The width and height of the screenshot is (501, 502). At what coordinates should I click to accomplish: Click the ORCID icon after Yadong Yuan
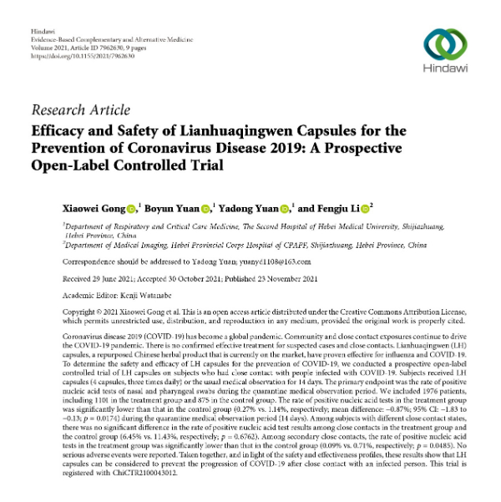click(286, 207)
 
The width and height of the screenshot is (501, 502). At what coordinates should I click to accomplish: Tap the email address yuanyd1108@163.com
click(256, 258)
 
